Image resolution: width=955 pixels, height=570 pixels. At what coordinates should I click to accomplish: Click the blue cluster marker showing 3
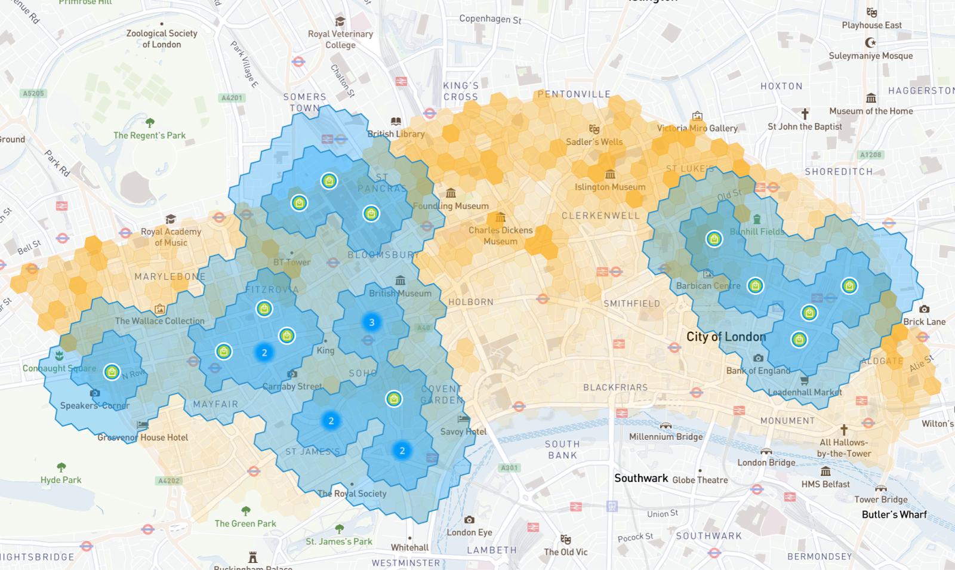click(371, 322)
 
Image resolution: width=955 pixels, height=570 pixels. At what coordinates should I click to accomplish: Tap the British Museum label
click(400, 293)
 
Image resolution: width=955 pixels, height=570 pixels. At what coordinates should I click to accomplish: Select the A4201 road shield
click(232, 98)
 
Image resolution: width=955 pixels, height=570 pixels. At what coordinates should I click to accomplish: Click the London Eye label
click(469, 532)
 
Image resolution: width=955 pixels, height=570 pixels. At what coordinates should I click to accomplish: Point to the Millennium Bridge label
click(666, 437)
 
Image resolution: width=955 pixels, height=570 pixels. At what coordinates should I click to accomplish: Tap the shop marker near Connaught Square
click(112, 372)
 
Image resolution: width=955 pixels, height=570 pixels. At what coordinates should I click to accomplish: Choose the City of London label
click(726, 337)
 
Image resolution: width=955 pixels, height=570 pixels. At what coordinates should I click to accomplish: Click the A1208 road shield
click(870, 155)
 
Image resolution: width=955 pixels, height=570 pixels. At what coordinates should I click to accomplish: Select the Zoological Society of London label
click(161, 39)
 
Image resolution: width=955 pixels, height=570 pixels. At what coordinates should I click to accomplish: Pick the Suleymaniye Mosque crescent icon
click(871, 42)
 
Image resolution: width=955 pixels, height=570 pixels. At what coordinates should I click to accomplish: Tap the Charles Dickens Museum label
click(500, 236)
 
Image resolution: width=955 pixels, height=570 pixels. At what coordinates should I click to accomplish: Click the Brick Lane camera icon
click(924, 309)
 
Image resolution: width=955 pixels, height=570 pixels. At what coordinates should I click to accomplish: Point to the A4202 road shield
click(168, 480)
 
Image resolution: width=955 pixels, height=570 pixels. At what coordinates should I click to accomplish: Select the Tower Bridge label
click(880, 500)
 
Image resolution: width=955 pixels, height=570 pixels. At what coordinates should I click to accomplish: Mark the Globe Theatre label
click(700, 480)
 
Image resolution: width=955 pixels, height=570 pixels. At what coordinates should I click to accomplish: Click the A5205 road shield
click(33, 93)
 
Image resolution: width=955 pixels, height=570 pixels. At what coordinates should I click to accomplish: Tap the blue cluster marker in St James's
click(331, 421)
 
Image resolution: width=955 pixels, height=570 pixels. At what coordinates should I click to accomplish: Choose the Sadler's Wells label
click(594, 142)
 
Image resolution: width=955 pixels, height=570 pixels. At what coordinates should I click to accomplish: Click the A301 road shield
click(509, 468)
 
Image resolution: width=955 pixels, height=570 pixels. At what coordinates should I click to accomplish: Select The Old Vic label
click(565, 552)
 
